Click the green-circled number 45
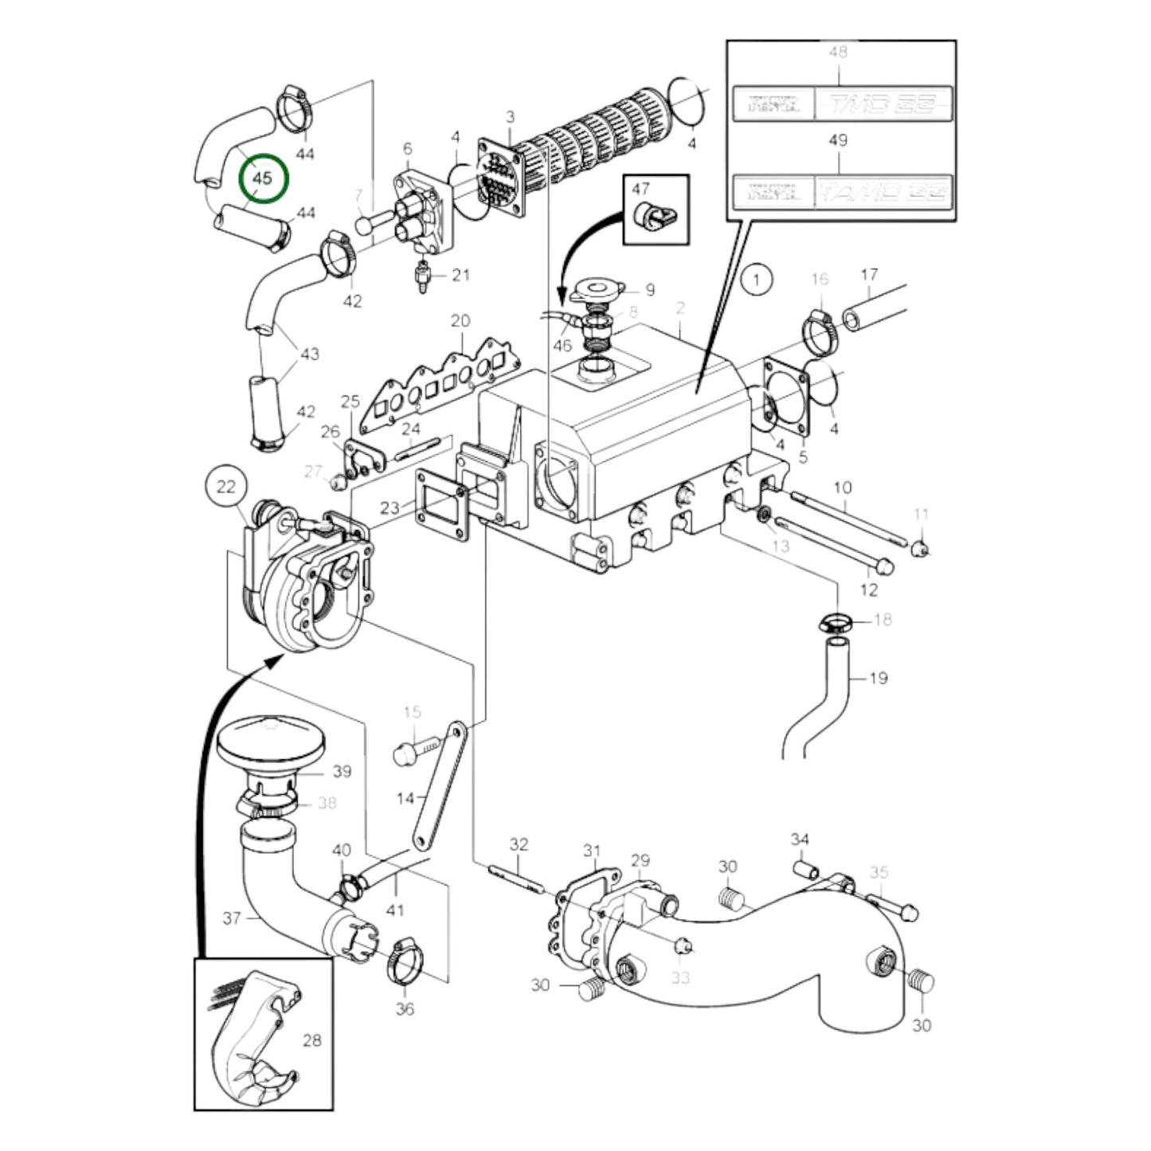(262, 178)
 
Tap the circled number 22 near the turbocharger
(226, 485)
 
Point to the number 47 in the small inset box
(640, 189)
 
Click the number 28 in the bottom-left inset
(312, 1040)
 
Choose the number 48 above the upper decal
(838, 52)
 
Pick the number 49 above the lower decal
(838, 140)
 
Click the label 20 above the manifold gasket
(460, 320)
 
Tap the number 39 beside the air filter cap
(342, 771)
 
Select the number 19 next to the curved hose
(878, 679)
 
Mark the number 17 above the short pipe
(869, 274)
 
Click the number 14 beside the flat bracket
(405, 797)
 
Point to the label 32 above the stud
(519, 844)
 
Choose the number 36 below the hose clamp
(405, 1008)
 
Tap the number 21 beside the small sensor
(461, 276)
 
